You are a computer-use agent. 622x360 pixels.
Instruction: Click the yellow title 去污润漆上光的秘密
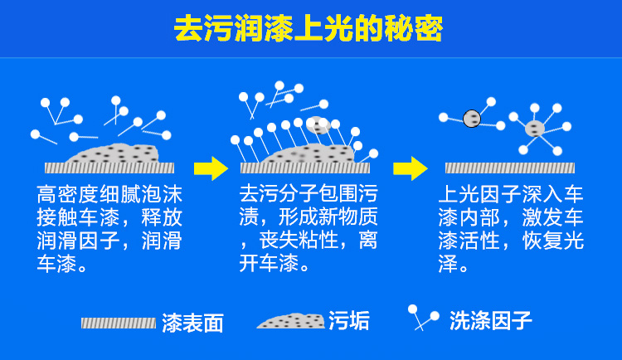click(309, 30)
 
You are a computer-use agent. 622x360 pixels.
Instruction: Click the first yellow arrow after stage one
click(211, 168)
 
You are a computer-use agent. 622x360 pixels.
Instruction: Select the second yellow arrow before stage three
click(410, 168)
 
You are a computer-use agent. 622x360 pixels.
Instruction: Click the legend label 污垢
click(349, 321)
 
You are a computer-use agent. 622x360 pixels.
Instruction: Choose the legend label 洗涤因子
click(490, 320)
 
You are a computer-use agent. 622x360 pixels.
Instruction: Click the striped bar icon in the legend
click(118, 323)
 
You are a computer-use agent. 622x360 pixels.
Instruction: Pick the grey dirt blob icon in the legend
click(290, 321)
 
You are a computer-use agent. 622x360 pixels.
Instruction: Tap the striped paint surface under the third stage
click(510, 168)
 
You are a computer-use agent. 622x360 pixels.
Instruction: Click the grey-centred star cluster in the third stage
click(535, 128)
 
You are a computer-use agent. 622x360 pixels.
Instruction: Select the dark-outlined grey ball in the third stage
click(472, 119)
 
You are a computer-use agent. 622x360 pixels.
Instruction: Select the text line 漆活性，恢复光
click(511, 241)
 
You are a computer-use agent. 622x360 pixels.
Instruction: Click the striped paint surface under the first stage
click(109, 168)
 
